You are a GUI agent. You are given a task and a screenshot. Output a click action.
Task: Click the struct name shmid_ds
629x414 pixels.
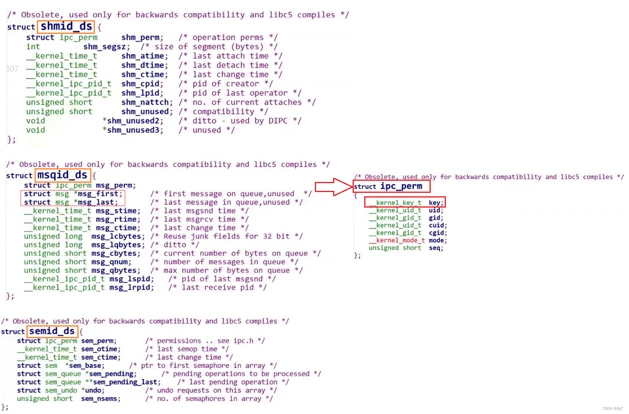tap(66, 26)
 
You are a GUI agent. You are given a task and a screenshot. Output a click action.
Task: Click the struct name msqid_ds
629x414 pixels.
tap(62, 175)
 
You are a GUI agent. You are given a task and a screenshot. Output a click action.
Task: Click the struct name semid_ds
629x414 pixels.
tap(52, 331)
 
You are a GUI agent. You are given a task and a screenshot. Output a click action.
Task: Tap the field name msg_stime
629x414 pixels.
tap(116, 211)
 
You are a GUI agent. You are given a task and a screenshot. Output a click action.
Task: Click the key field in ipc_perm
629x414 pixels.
tap(435, 203)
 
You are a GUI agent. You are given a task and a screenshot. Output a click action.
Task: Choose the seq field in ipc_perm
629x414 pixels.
tap(435, 248)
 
